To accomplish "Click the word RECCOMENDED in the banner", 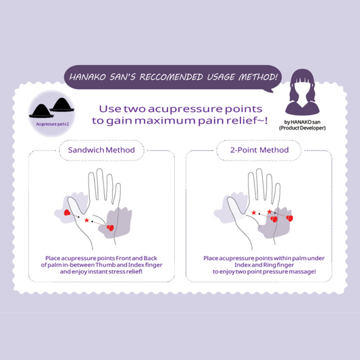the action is [171, 77].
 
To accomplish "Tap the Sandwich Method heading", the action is [101, 150].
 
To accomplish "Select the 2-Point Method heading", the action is [259, 150].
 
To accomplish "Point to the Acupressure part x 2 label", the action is [53, 124].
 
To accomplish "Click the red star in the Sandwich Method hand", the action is [86, 220].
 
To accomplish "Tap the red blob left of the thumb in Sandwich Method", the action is [67, 212].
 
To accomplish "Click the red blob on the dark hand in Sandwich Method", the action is [111, 228].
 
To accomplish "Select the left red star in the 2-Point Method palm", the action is [254, 213].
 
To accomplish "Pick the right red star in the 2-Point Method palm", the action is [269, 211].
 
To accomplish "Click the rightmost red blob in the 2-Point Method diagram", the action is [290, 218].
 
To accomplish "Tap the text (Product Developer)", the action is [302, 128].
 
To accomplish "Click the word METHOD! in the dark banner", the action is [257, 77].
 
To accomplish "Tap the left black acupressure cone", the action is [41, 111].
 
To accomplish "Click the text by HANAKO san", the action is [302, 122].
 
